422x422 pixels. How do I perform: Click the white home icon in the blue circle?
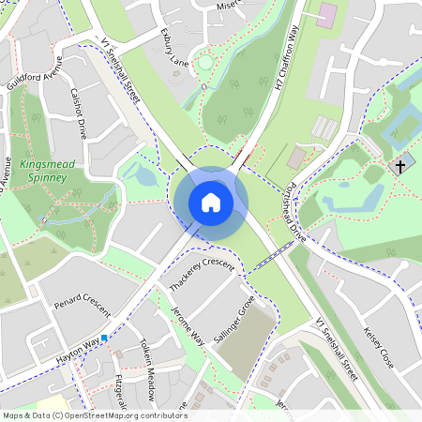pyautogui.click(x=211, y=202)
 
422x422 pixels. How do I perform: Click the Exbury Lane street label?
pyautogui.click(x=175, y=51)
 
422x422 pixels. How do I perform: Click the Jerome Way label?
pyautogui.click(x=188, y=324)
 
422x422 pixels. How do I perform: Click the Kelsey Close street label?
pyautogui.click(x=379, y=347)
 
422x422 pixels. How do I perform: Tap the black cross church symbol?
pyautogui.click(x=400, y=166)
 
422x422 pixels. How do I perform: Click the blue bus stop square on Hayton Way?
pyautogui.click(x=104, y=338)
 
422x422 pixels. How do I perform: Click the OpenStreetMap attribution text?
pyautogui.click(x=95, y=415)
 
